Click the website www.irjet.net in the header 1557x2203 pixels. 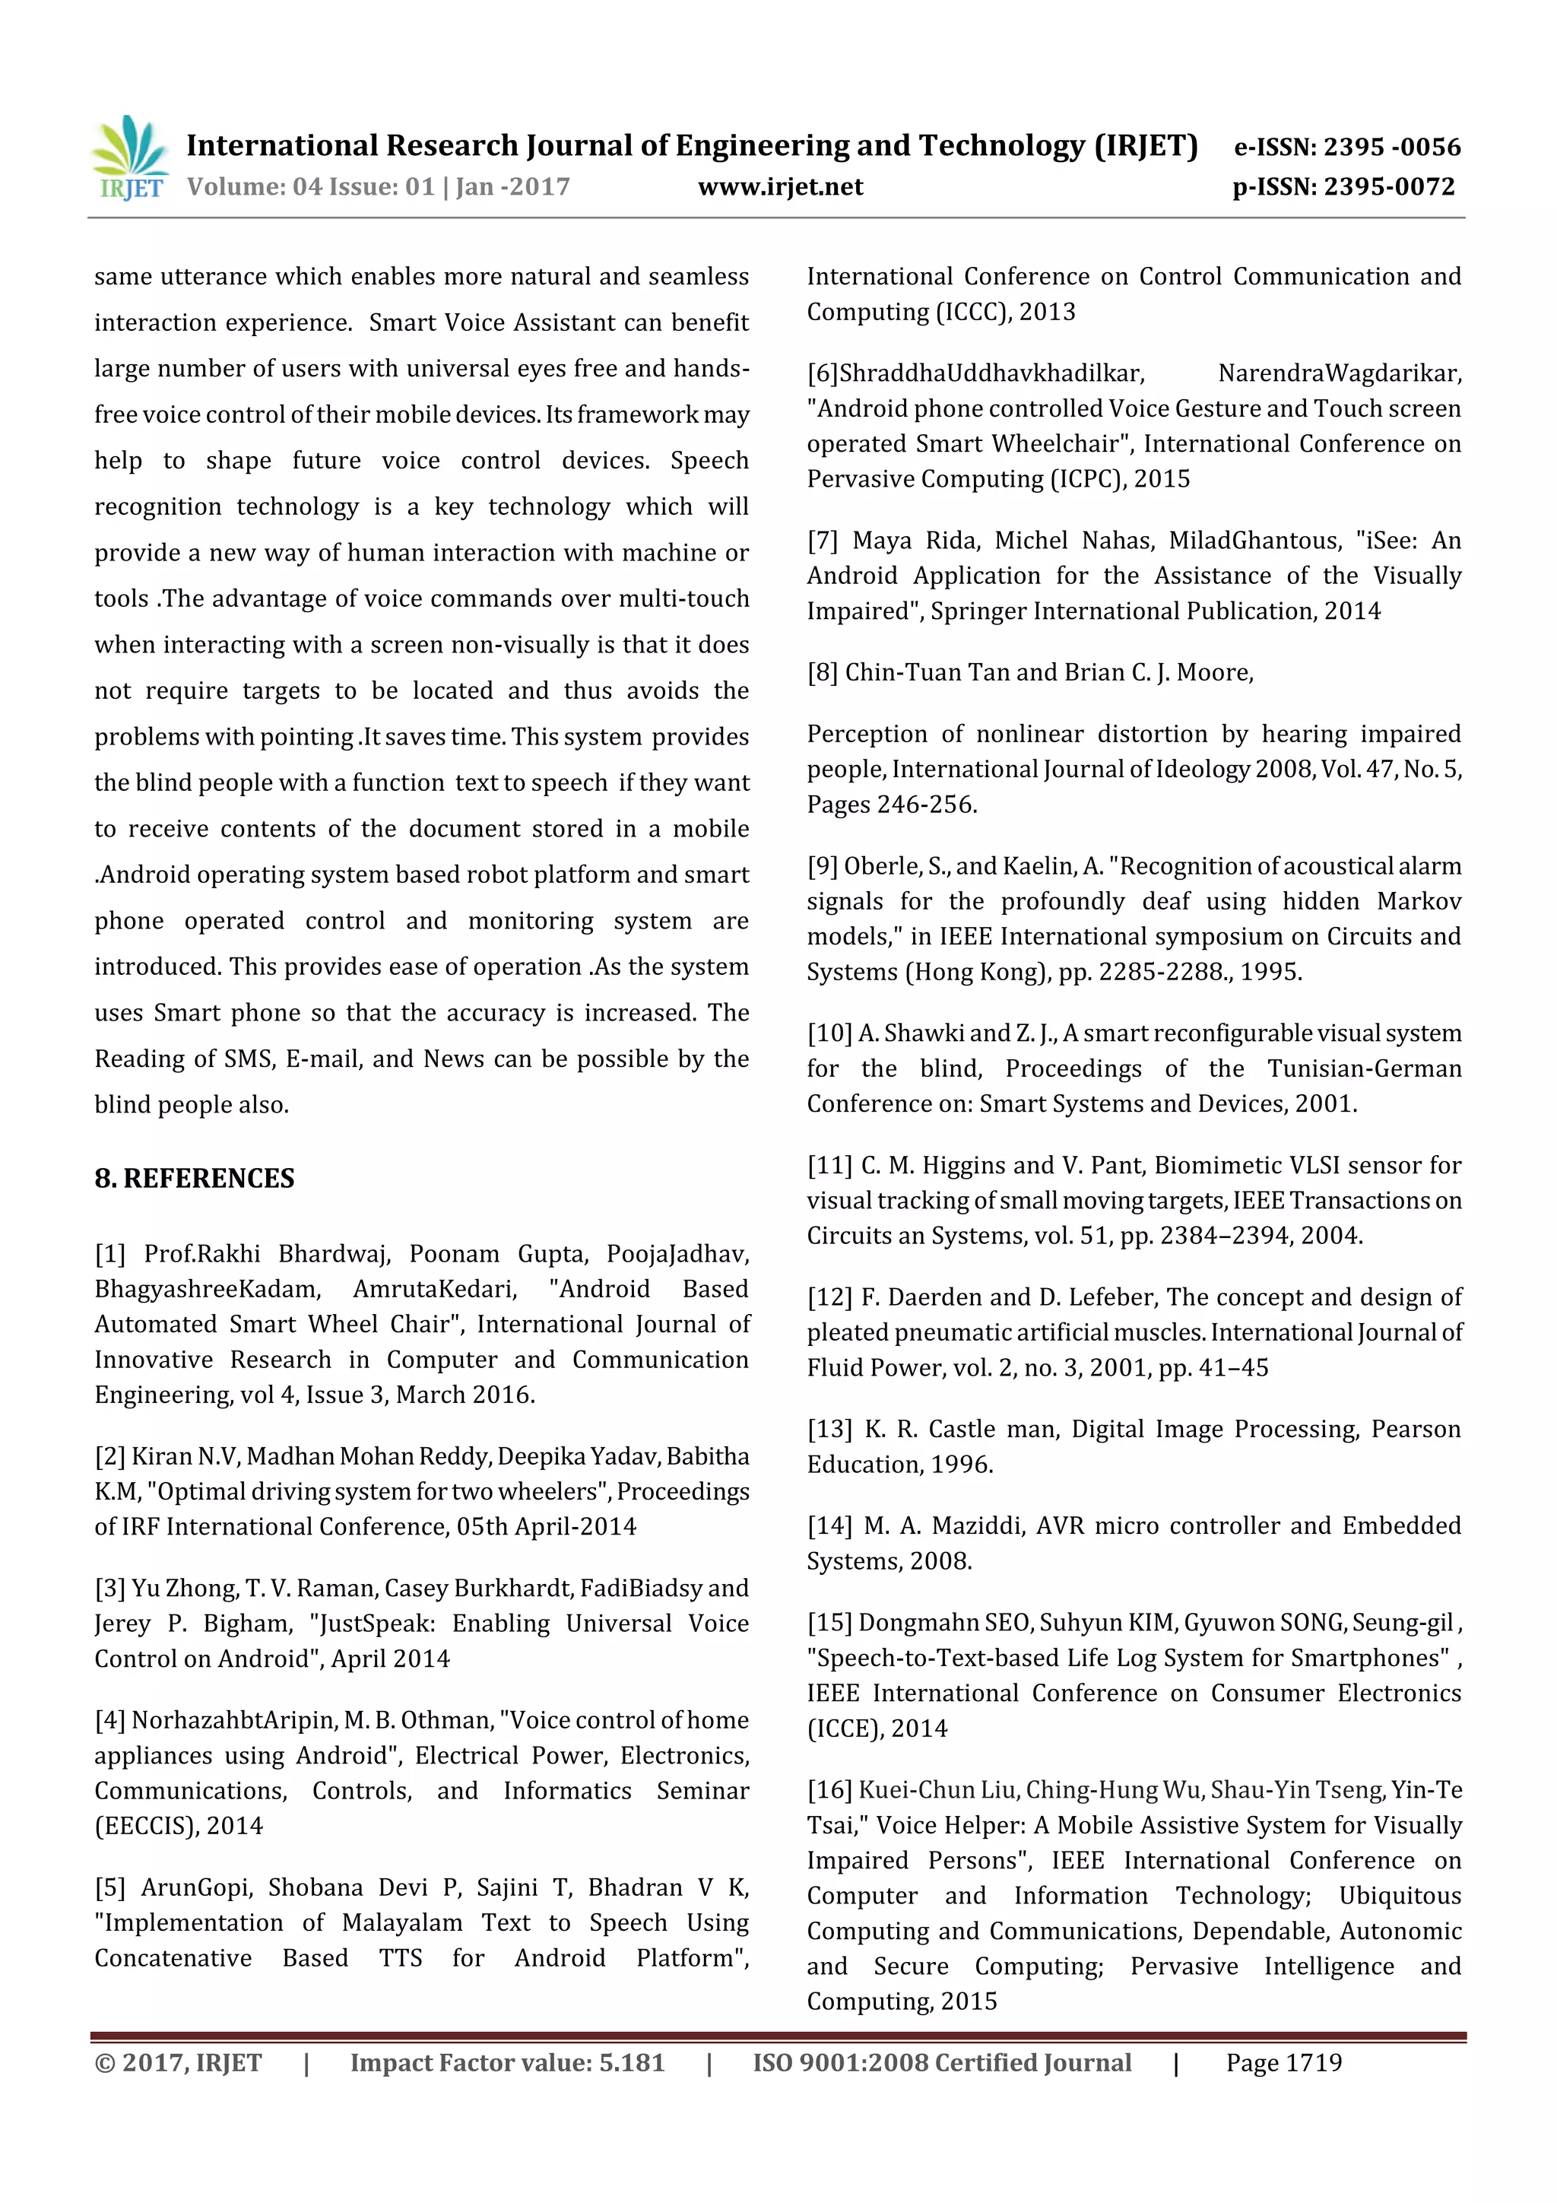(x=780, y=187)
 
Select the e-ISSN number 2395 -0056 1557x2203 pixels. (x=1392, y=147)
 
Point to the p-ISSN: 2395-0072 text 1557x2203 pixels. (x=1343, y=187)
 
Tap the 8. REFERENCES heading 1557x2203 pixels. (x=195, y=1178)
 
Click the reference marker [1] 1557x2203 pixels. (x=110, y=1254)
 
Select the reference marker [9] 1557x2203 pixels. (x=822, y=866)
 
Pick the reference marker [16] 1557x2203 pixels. (x=829, y=1790)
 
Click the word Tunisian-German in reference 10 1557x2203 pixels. (x=1363, y=1069)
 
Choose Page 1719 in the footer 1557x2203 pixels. (x=1283, y=2063)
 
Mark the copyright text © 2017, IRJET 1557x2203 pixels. (x=179, y=2063)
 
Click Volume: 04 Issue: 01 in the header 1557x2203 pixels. (x=311, y=187)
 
